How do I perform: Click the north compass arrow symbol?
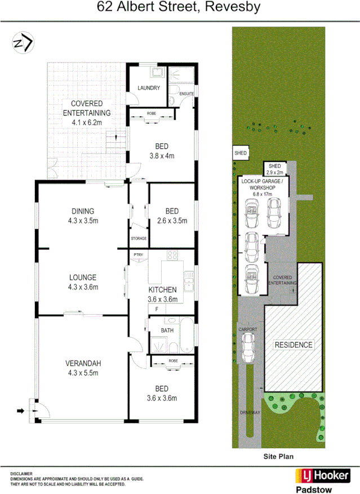coord(23,42)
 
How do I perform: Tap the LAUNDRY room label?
coord(149,88)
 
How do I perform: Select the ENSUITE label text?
coord(186,93)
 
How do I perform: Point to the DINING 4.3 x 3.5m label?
coord(83,216)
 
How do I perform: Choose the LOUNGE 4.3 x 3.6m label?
coord(83,282)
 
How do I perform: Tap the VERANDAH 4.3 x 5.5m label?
coord(83,368)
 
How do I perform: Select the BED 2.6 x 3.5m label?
coord(171,216)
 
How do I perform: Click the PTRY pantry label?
coord(138,255)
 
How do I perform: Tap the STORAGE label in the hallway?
coord(139,239)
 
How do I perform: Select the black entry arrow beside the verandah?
coord(21,411)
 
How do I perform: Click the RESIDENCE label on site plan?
coord(293,345)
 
